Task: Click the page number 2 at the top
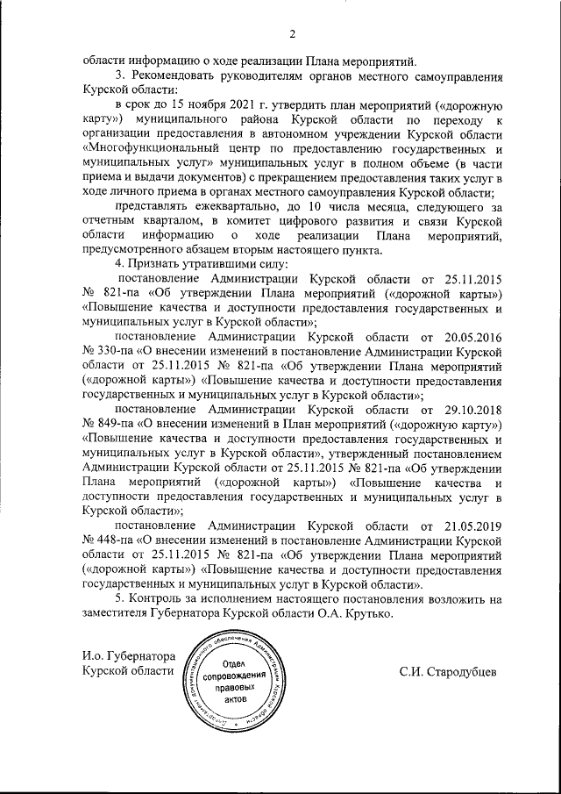point(293,35)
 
